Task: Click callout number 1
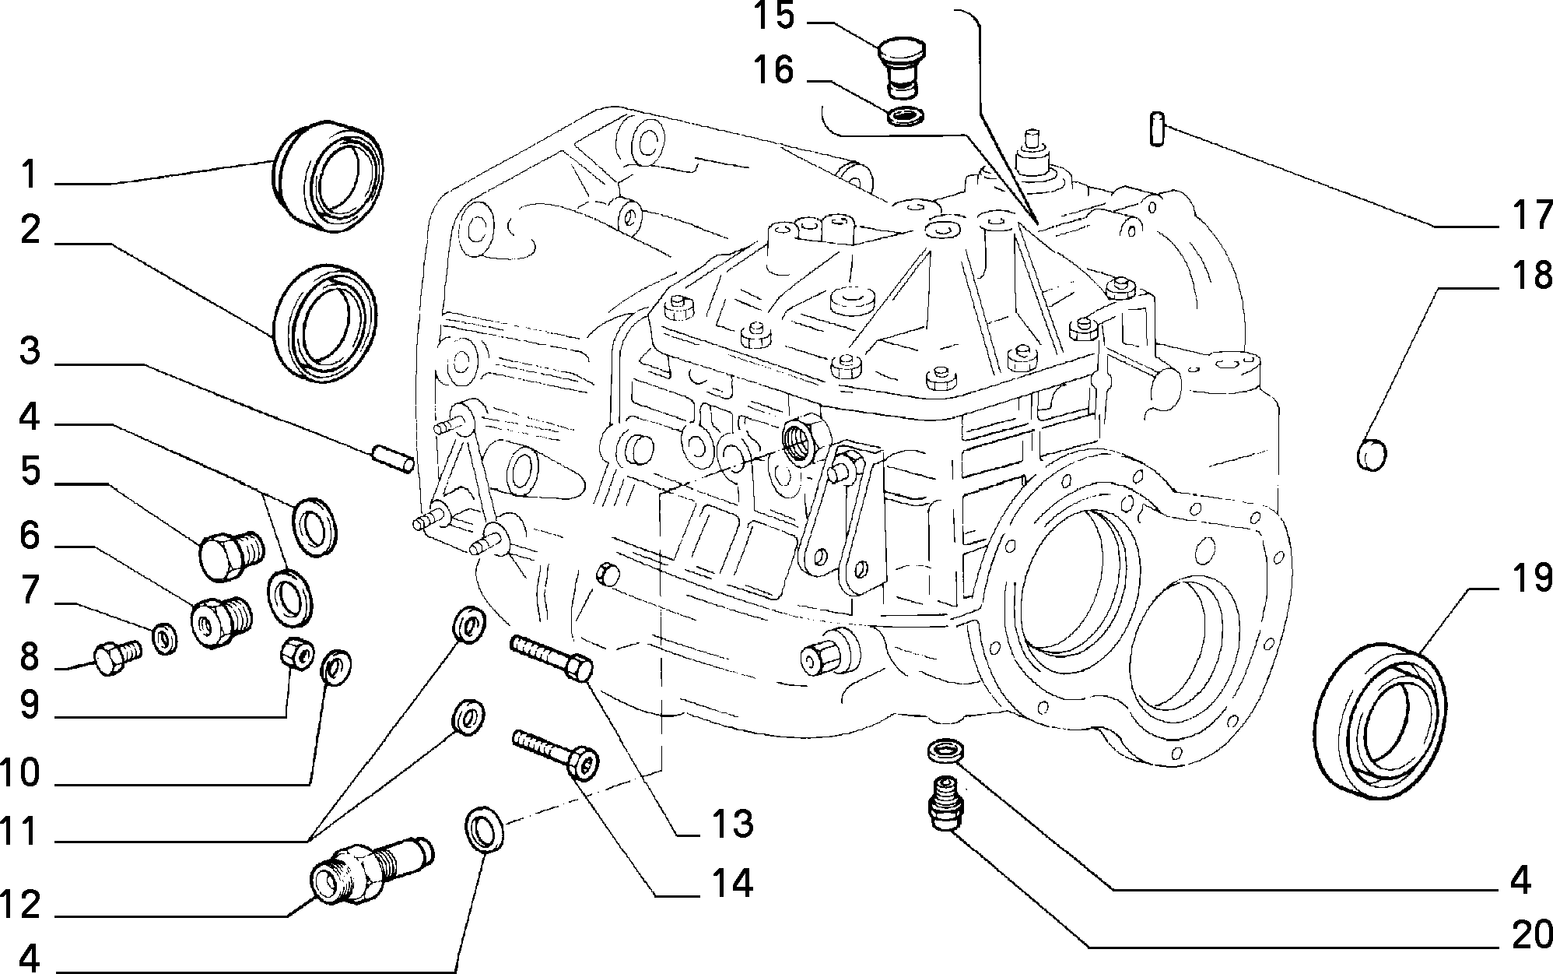29,174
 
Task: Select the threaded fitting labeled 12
372,870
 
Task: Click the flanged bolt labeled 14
555,753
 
